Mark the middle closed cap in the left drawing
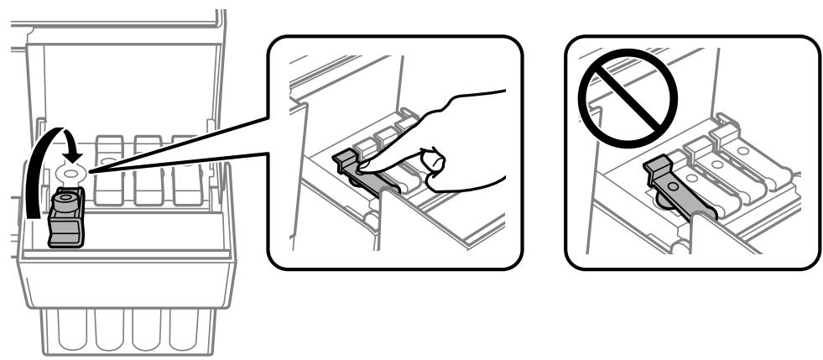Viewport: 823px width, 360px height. pyautogui.click(x=148, y=172)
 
